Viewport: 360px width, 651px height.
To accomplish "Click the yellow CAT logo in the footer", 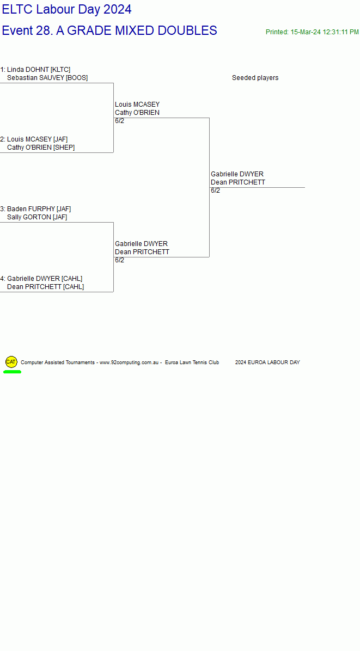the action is pos(11,362).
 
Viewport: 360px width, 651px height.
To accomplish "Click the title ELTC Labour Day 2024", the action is pos(67,9).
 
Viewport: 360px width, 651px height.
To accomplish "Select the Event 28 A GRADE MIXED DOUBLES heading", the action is pos(109,30).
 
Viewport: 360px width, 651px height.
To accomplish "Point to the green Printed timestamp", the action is pos(312,32).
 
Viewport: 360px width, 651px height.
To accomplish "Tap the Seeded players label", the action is pos(255,78).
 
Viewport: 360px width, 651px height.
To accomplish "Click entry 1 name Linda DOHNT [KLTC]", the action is pos(39,69).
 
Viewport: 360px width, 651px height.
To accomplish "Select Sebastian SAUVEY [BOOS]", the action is pos(47,78).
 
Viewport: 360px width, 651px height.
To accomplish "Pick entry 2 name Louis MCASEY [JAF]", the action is pos(38,139).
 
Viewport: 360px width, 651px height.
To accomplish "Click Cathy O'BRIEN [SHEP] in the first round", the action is pos(41,148).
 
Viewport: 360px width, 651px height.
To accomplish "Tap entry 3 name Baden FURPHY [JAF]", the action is pos(39,209).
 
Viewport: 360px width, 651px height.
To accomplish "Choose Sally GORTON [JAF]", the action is pos(37,217).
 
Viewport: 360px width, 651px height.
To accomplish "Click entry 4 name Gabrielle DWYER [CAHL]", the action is pos(45,279).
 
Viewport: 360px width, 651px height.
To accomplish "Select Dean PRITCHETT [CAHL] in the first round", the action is pos(46,287).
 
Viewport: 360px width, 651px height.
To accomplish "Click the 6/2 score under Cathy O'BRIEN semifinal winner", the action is pos(120,121).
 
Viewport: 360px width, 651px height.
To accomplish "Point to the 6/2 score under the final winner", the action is pos(216,191).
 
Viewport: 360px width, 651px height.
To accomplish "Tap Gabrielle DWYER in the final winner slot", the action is pos(237,174).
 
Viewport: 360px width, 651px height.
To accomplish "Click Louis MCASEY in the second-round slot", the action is pos(137,104).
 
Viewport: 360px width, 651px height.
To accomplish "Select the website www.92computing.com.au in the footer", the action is pos(130,363).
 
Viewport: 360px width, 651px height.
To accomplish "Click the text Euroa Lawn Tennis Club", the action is pos(192,363).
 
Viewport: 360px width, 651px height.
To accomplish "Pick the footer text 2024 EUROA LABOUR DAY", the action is pos(267,363).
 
